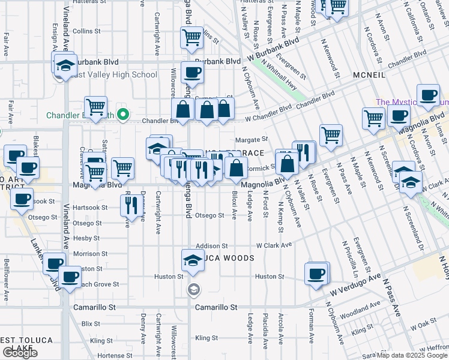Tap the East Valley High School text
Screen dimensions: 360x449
pos(113,75)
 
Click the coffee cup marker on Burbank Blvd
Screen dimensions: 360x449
pos(191,73)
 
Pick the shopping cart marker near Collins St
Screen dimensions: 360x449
pos(191,38)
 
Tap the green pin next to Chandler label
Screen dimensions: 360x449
pos(124,114)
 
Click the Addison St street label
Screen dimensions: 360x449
pos(212,246)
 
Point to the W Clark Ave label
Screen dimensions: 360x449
pos(274,245)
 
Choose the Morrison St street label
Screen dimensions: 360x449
pos(90,254)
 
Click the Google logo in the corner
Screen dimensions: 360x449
pos(20,352)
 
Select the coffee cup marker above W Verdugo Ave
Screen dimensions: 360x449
pos(316,274)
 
